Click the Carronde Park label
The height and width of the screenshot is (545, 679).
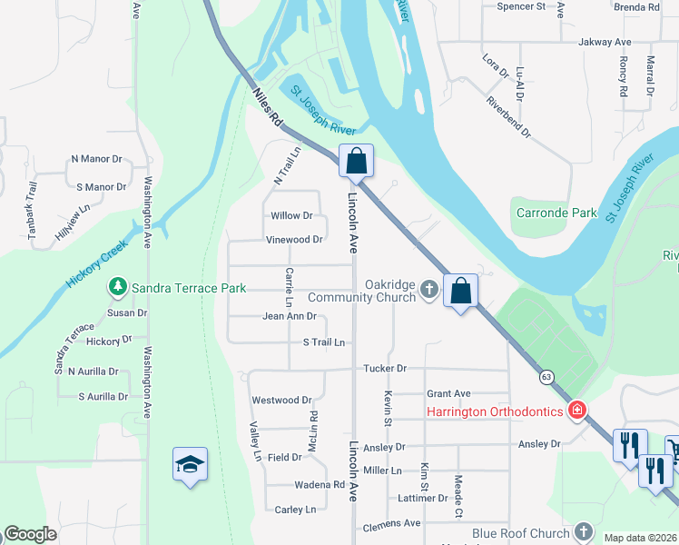556,213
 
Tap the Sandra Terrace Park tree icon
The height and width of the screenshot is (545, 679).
118,288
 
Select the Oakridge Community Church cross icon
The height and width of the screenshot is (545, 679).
428,291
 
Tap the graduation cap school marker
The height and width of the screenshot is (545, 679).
191,464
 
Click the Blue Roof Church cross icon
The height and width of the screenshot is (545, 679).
585,533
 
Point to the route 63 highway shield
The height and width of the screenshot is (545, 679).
546,375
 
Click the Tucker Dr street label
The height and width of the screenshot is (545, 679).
385,369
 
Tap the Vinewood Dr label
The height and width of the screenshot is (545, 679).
294,240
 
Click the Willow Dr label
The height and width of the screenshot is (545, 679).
291,216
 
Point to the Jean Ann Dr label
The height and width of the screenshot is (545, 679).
289,317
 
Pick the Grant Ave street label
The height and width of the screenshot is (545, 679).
448,393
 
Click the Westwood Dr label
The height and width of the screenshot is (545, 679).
281,400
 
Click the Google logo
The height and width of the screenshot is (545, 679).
30,534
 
